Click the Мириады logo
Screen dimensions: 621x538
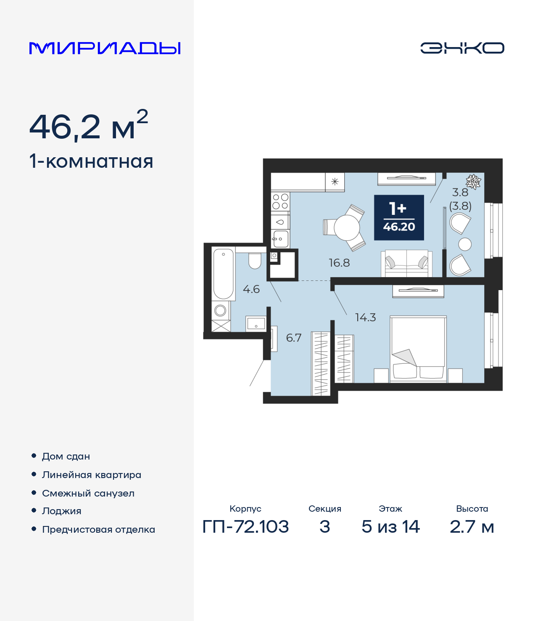tap(105, 48)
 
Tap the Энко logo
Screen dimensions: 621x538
tap(462, 48)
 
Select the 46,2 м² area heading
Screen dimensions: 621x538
tap(89, 126)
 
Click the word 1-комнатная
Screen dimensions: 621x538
tap(91, 161)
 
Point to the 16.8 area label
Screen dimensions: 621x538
tap(339, 263)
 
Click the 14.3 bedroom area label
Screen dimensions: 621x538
tap(365, 317)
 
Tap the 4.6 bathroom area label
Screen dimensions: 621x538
tap(251, 289)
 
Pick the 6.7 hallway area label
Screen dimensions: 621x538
tap(294, 338)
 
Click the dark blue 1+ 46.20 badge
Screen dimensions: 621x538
tap(399, 217)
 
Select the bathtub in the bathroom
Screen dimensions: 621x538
tap(223, 273)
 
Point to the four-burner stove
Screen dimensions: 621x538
tap(280, 201)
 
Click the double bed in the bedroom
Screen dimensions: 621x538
tap(418, 349)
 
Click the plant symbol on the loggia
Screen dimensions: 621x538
tap(473, 182)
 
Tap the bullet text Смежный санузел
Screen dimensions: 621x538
tap(88, 493)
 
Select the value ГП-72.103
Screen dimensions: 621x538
tap(245, 527)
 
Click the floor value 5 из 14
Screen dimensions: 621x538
tap(390, 527)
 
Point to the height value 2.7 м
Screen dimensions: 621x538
tap(472, 527)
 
